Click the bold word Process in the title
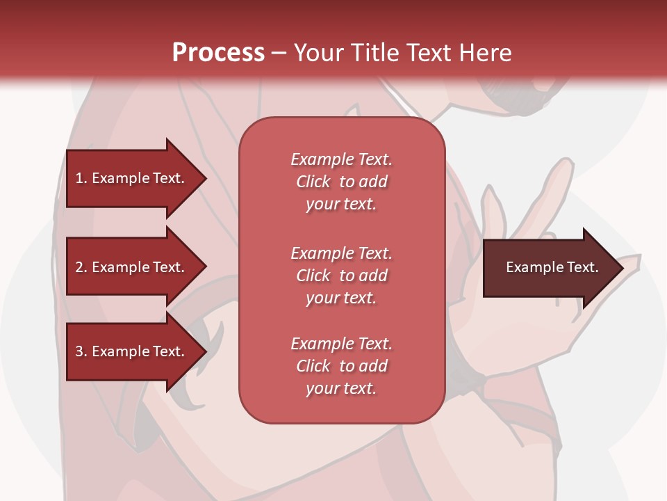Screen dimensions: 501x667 (218, 53)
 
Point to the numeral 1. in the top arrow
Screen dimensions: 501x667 (81, 178)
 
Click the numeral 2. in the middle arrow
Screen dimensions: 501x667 (81, 267)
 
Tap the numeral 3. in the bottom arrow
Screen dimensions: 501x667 (81, 351)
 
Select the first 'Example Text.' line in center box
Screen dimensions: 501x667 (341, 159)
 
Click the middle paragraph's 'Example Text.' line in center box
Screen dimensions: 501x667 (341, 253)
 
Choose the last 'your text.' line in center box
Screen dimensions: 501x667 (341, 389)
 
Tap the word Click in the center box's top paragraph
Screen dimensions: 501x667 (313, 182)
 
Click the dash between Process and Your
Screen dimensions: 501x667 (279, 53)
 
